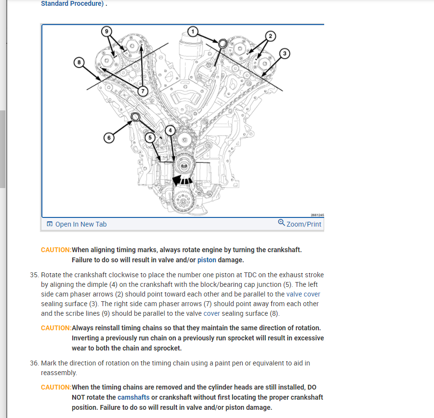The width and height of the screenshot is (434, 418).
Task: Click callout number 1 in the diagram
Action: coord(193,32)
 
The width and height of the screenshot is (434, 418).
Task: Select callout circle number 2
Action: coord(270,36)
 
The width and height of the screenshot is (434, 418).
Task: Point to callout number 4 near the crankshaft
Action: coord(170,131)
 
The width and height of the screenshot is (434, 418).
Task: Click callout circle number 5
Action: coord(150,137)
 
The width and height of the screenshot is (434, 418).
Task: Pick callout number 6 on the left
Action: coord(109,138)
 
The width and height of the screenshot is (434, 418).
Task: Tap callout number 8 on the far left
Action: coord(79,62)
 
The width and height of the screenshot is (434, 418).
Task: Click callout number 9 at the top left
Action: coord(106,31)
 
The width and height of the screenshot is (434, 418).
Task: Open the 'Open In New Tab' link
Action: coord(77,224)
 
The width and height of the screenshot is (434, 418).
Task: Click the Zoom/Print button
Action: coord(300,224)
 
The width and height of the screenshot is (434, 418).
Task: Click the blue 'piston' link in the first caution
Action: coord(207,260)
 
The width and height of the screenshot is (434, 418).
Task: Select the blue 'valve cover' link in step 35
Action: coord(303,294)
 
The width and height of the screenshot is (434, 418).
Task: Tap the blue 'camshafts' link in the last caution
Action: coord(133,397)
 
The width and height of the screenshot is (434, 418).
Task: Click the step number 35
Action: coord(34,275)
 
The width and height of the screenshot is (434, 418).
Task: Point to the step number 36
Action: coord(34,363)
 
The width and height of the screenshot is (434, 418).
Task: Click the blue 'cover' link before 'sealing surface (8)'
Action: coord(211,313)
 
